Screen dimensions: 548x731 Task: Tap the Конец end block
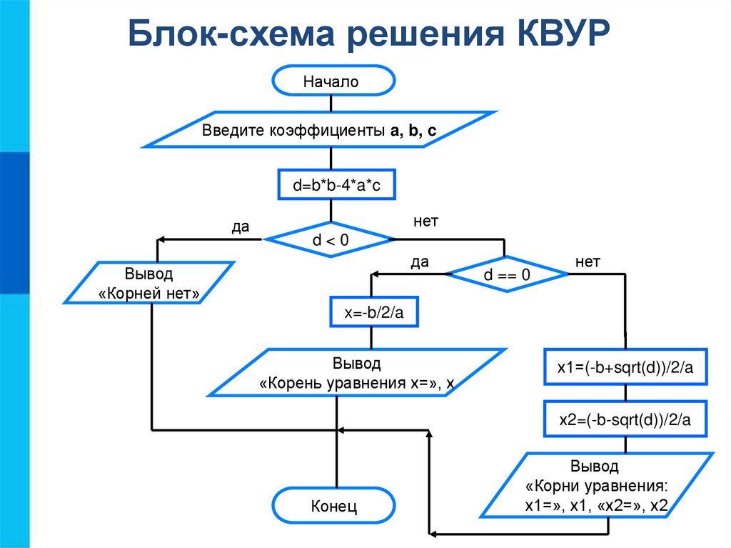tap(333, 507)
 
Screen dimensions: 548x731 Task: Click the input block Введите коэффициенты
tap(318, 131)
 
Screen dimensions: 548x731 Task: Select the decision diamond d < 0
tap(330, 240)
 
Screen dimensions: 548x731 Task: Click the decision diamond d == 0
tap(507, 275)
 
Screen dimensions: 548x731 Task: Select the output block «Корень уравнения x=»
tap(357, 373)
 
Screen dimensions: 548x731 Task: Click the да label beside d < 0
tap(240, 227)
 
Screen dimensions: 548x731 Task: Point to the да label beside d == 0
tap(419, 262)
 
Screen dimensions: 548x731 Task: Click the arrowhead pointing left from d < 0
tap(161, 240)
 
